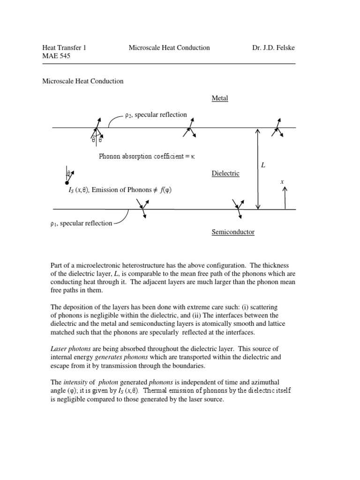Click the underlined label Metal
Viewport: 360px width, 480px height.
click(220, 98)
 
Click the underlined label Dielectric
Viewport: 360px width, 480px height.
click(225, 173)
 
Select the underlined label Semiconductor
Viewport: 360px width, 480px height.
click(233, 232)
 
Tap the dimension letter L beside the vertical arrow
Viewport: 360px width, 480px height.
click(263, 165)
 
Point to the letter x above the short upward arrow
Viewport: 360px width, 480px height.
click(282, 181)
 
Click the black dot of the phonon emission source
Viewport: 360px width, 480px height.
click(67, 183)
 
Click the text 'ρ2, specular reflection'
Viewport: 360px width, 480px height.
click(156, 115)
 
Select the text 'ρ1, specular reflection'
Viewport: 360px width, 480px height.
click(81, 224)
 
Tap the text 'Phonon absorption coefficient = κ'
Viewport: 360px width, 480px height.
click(146, 157)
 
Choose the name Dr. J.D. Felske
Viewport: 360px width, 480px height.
click(273, 48)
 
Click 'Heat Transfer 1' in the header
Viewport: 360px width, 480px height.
click(64, 48)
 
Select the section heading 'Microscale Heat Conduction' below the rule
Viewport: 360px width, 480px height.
click(83, 81)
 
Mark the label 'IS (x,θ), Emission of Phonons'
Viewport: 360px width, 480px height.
click(113, 190)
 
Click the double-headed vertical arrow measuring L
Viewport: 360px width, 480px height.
click(257, 169)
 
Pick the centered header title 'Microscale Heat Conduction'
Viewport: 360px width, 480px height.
click(169, 48)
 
